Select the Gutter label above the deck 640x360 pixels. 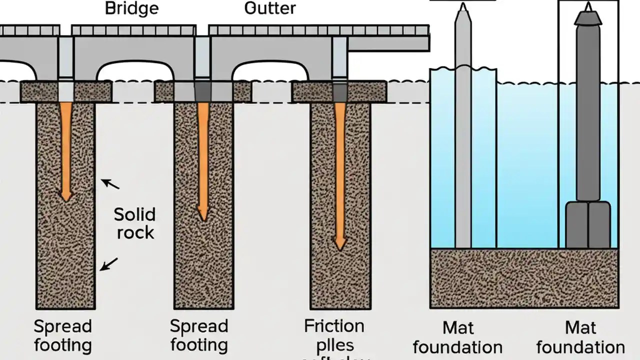pos(269,8)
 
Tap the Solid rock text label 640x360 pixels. pos(134,223)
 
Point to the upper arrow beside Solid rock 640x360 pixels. pos(110,184)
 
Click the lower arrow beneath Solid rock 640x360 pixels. pos(109,264)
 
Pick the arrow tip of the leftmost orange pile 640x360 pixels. pos(65,197)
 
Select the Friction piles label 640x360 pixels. pos(334,335)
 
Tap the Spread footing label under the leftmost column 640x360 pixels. pos(63,335)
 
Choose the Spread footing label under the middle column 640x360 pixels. pos(199,335)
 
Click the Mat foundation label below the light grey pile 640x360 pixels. pos(458,337)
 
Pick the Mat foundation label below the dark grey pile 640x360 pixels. pos(580,337)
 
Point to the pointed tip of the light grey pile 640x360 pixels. pos(463,8)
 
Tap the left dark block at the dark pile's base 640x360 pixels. pos(576,224)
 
